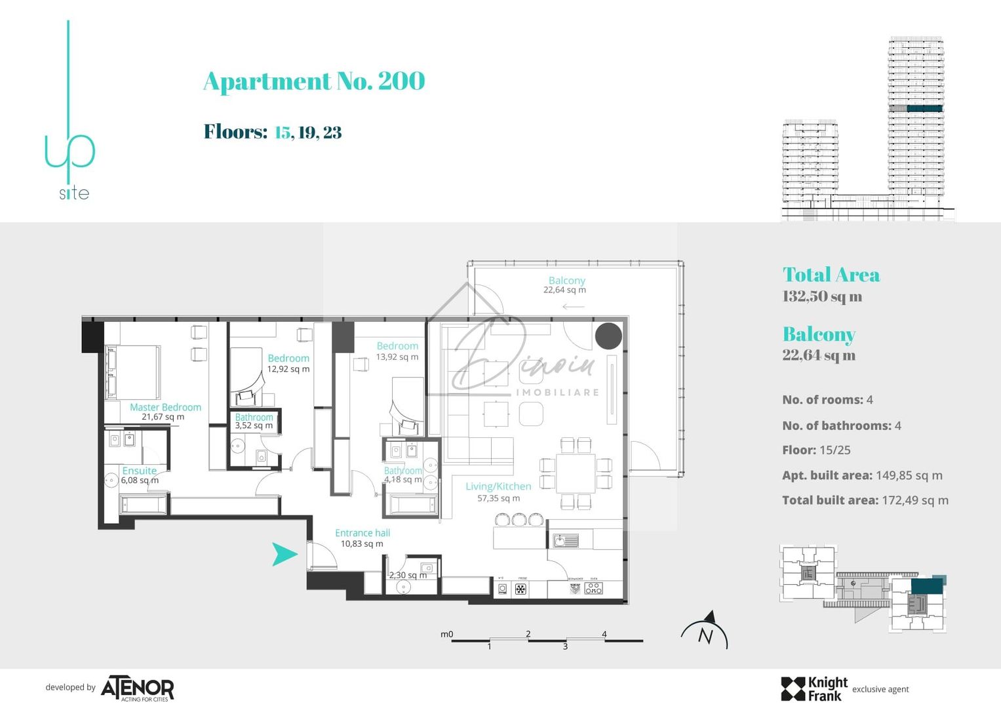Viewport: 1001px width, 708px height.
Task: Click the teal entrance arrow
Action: [x=284, y=555]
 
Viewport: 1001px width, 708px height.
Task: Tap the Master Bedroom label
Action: [x=165, y=407]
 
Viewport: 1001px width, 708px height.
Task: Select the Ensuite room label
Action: [x=139, y=471]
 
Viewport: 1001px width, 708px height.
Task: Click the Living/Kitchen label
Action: [x=498, y=486]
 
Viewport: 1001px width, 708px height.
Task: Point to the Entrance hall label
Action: [x=362, y=533]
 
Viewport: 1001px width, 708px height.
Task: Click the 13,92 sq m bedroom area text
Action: [x=397, y=357]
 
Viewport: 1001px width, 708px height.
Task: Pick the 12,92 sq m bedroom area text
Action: [x=288, y=369]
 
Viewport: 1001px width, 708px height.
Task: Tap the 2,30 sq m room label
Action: [x=407, y=576]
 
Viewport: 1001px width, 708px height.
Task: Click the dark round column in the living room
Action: [x=608, y=336]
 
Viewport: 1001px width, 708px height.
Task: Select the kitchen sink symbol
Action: [x=566, y=541]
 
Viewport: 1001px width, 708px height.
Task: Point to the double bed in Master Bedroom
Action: [x=134, y=372]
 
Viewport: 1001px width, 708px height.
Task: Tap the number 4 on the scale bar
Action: [x=604, y=634]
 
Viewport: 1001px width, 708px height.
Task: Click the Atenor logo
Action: [x=137, y=689]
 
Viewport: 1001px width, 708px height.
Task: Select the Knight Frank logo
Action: [x=814, y=689]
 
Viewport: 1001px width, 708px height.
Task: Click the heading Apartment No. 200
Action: [x=314, y=81]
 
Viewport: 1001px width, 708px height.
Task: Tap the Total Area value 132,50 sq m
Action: [x=822, y=296]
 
